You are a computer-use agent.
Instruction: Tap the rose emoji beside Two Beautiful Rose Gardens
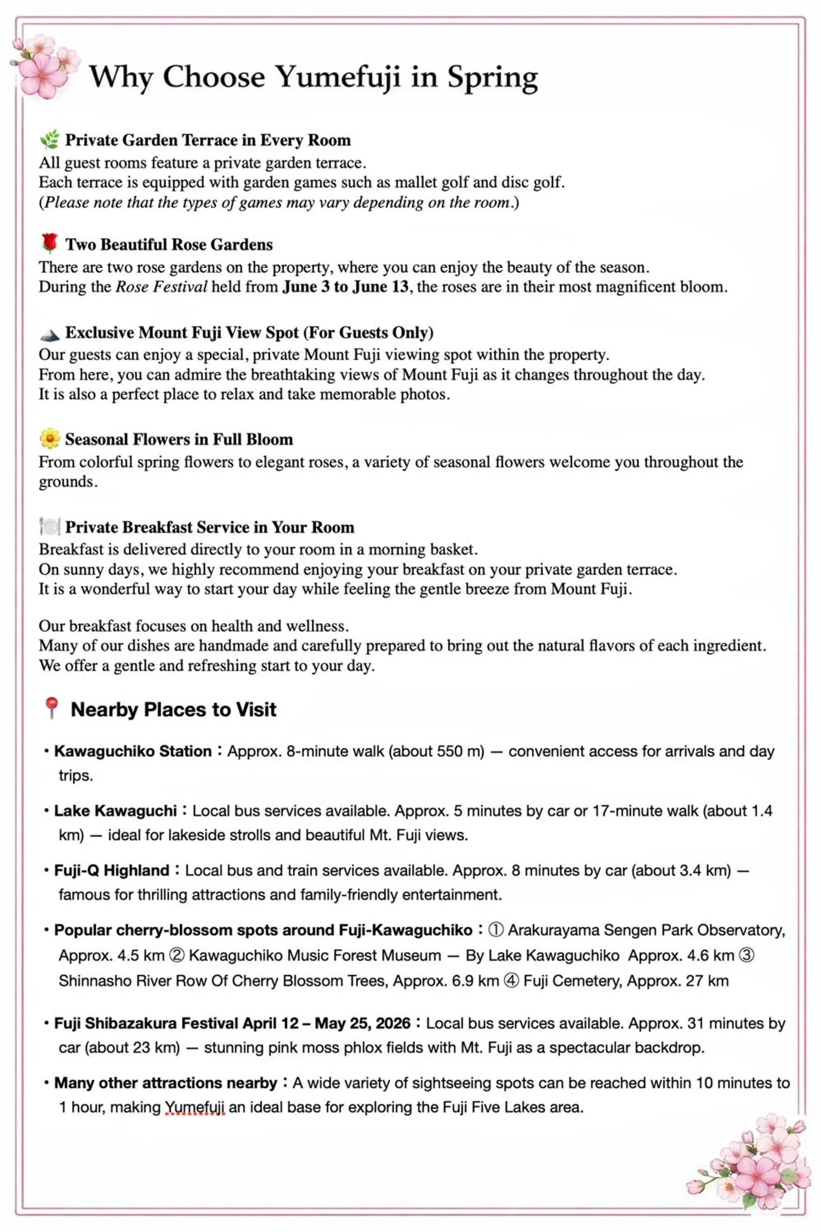(x=50, y=243)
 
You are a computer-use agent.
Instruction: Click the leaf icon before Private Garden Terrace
(x=50, y=139)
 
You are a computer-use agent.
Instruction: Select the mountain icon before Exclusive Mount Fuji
(x=50, y=333)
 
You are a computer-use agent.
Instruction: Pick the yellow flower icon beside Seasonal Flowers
(x=50, y=439)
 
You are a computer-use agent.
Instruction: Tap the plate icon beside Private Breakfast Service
(x=50, y=526)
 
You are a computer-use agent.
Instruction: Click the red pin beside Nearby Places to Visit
(x=51, y=708)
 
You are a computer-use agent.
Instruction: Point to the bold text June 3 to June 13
(x=346, y=287)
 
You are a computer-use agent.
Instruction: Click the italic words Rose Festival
(x=161, y=287)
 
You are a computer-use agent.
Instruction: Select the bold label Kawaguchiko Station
(x=133, y=751)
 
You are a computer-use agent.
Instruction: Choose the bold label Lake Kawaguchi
(x=116, y=811)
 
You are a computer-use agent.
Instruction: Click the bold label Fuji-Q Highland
(x=112, y=871)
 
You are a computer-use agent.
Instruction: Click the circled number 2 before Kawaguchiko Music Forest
(x=177, y=956)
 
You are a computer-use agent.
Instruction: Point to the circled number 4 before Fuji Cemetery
(x=511, y=981)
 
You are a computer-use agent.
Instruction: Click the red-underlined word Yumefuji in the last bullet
(x=195, y=1107)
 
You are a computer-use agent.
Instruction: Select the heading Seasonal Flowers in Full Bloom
(x=179, y=439)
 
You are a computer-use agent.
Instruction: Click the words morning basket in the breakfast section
(x=422, y=549)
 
